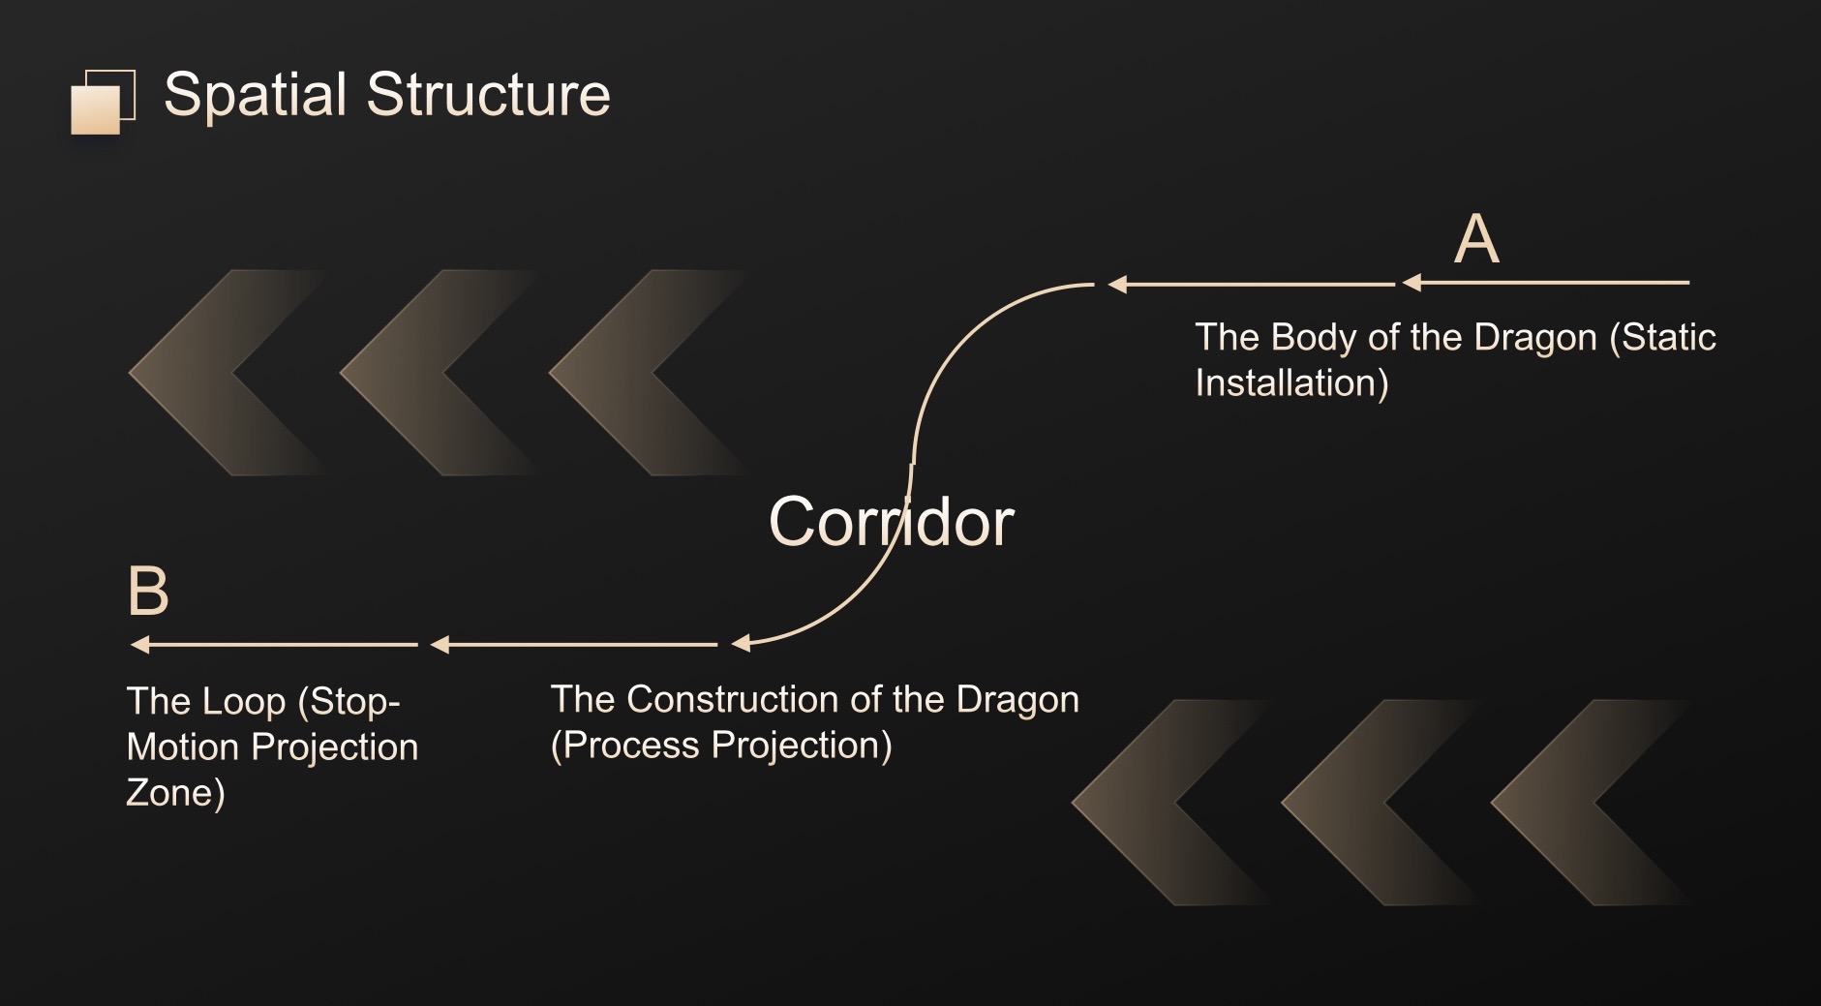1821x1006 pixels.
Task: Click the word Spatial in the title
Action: click(x=255, y=95)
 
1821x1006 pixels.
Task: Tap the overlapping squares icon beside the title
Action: click(x=102, y=102)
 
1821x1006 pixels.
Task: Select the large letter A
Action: click(x=1476, y=239)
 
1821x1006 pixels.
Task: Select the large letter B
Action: click(x=148, y=592)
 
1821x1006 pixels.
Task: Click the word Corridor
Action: click(x=891, y=522)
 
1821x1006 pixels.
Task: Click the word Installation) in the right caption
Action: click(x=1291, y=383)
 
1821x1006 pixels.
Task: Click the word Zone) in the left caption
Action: click(x=175, y=793)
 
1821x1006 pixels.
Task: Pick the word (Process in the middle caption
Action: click(x=624, y=746)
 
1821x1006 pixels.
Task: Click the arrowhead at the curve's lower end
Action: click(x=742, y=644)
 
